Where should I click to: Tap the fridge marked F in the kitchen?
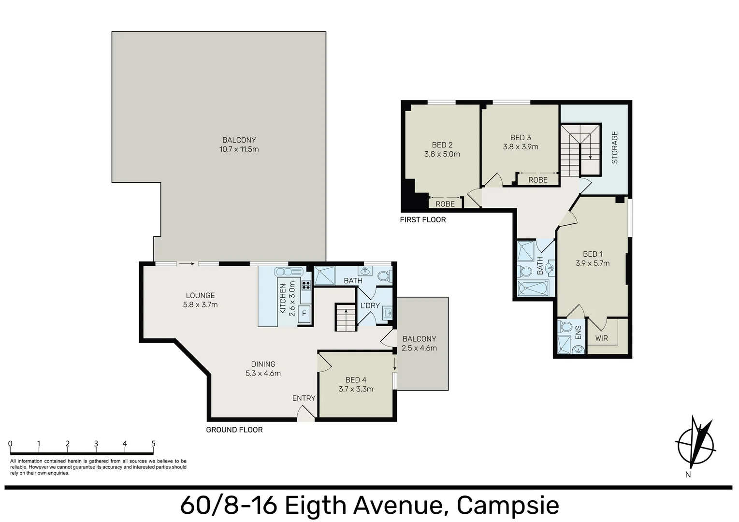point(304,313)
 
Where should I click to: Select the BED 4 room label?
point(356,380)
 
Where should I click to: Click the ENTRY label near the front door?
point(304,398)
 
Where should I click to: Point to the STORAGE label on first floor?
point(615,147)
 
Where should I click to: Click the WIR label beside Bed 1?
point(601,338)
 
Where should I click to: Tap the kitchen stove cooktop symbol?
point(306,285)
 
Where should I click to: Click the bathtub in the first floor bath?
point(533,288)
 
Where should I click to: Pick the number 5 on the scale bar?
point(153,444)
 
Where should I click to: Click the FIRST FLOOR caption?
point(423,220)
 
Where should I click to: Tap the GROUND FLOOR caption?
point(234,430)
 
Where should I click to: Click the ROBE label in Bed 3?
point(537,180)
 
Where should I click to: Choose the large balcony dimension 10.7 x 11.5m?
point(239,149)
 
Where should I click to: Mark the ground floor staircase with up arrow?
point(346,318)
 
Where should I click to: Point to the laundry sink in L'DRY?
point(387,314)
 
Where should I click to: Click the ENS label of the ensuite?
point(578,333)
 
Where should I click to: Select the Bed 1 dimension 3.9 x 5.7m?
point(593,263)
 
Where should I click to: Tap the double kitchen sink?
point(288,272)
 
